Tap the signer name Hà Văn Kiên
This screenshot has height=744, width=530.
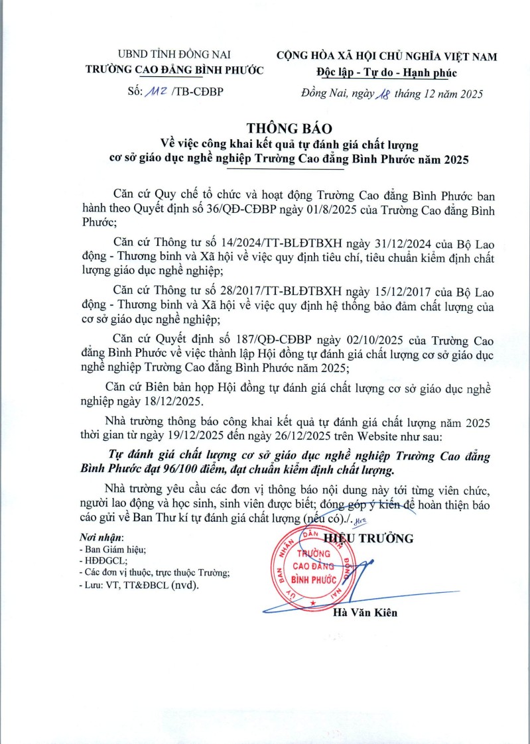click(365, 613)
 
